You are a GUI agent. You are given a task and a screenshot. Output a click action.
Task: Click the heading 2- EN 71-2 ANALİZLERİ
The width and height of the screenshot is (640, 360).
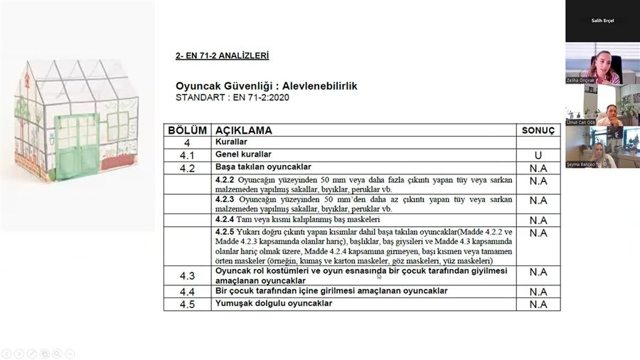(x=222, y=55)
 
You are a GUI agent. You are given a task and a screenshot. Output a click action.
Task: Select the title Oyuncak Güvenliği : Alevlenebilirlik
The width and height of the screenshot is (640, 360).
(x=266, y=86)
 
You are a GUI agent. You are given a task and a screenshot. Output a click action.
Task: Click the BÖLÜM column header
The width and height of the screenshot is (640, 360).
(x=187, y=131)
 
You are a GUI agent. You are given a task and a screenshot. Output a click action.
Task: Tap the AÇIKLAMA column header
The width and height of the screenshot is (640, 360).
(x=244, y=131)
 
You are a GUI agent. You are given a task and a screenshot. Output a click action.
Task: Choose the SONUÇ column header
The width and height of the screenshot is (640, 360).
(x=538, y=131)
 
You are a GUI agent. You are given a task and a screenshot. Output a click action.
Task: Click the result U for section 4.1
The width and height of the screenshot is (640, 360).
(x=538, y=155)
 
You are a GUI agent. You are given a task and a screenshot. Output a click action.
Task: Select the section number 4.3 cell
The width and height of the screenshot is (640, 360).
(x=187, y=275)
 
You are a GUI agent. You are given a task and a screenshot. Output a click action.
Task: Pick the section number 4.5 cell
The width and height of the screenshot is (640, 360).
(x=187, y=304)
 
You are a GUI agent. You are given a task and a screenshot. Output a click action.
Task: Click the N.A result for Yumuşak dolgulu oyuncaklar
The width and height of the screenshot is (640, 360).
(x=538, y=304)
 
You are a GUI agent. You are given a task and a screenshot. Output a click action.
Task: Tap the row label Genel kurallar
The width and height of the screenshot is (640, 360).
(x=243, y=154)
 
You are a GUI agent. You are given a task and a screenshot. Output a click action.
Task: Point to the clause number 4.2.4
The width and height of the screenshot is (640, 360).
(x=225, y=219)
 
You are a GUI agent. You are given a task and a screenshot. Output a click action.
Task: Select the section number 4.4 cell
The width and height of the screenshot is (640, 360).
(x=187, y=292)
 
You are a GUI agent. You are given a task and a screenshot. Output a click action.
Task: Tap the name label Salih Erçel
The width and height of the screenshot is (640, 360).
(x=602, y=21)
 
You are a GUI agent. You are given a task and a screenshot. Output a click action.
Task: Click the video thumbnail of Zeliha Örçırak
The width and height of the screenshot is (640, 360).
(x=602, y=64)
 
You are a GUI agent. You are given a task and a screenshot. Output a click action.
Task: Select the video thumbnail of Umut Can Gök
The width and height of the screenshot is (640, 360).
(x=602, y=105)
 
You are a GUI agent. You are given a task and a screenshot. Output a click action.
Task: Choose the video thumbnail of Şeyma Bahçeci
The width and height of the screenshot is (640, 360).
(x=602, y=147)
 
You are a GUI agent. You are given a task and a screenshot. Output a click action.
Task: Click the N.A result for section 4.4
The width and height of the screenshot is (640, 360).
(x=538, y=292)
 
